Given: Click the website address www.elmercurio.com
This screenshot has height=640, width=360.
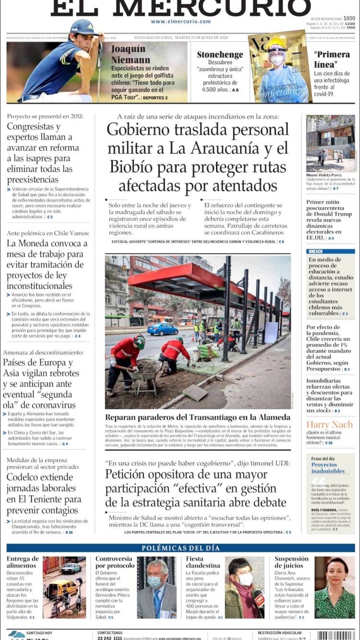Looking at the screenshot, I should [180, 22].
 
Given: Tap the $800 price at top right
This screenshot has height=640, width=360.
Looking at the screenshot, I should [349, 18].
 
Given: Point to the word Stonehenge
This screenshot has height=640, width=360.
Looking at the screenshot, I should [220, 55].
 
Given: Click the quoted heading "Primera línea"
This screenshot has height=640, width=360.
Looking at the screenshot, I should [332, 59].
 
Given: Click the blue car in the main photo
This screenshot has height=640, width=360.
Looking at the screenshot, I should [163, 329].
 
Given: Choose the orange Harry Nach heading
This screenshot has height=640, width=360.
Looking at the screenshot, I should [330, 425].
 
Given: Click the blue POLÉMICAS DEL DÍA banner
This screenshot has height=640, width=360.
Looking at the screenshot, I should [180, 548].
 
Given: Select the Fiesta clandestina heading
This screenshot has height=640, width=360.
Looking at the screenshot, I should [203, 562].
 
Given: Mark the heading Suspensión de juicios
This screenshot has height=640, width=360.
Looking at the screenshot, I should [291, 562].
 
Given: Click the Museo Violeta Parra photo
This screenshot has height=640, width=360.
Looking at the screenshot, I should [331, 143].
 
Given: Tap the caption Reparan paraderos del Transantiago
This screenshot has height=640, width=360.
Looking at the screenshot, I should [197, 417].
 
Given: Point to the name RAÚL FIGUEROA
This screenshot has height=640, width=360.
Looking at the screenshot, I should [323, 510].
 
